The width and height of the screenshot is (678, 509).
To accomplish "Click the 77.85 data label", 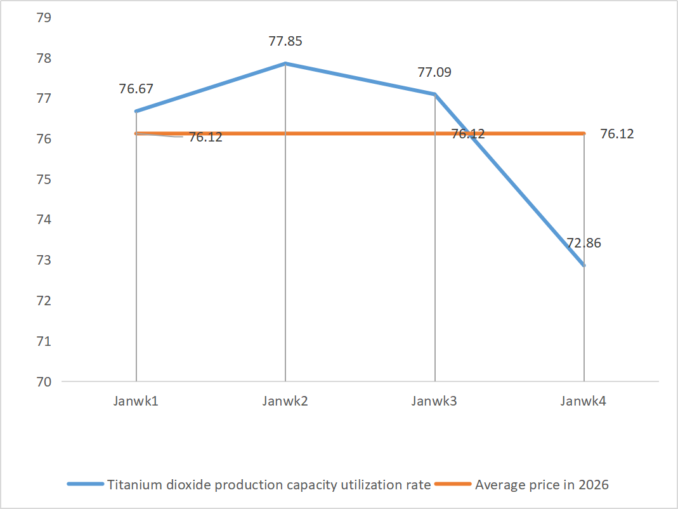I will pyautogui.click(x=285, y=42).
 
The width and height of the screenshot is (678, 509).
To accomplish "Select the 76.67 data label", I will pyautogui.click(x=136, y=89).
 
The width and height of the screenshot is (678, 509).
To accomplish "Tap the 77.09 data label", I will pyautogui.click(x=434, y=72).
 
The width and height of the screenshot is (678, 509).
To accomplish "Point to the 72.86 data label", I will pyautogui.click(x=584, y=242).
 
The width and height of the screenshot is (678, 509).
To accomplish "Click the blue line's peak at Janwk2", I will pyautogui.click(x=285, y=63).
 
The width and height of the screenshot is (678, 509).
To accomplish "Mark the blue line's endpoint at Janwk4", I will pyautogui.click(x=584, y=265).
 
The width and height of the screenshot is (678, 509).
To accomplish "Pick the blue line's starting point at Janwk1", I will pyautogui.click(x=136, y=111).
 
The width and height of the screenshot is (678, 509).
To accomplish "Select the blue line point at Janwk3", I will pyautogui.click(x=435, y=94).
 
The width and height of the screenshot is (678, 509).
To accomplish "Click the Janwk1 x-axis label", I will pyautogui.click(x=136, y=401).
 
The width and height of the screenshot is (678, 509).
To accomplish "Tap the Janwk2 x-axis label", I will pyautogui.click(x=285, y=401).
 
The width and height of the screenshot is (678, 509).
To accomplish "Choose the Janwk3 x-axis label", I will pyautogui.click(x=434, y=401).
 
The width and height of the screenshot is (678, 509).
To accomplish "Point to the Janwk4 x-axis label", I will pyautogui.click(x=584, y=401).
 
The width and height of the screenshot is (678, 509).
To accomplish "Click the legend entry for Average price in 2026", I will pyautogui.click(x=542, y=485).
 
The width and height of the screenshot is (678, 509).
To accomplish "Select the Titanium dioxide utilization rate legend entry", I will pyautogui.click(x=269, y=485).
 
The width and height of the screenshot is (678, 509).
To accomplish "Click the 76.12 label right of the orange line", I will pyautogui.click(x=616, y=135).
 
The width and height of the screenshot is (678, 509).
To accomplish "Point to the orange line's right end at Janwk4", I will pyautogui.click(x=584, y=133).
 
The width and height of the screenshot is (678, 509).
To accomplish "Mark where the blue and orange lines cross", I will pyautogui.click(x=469, y=133).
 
